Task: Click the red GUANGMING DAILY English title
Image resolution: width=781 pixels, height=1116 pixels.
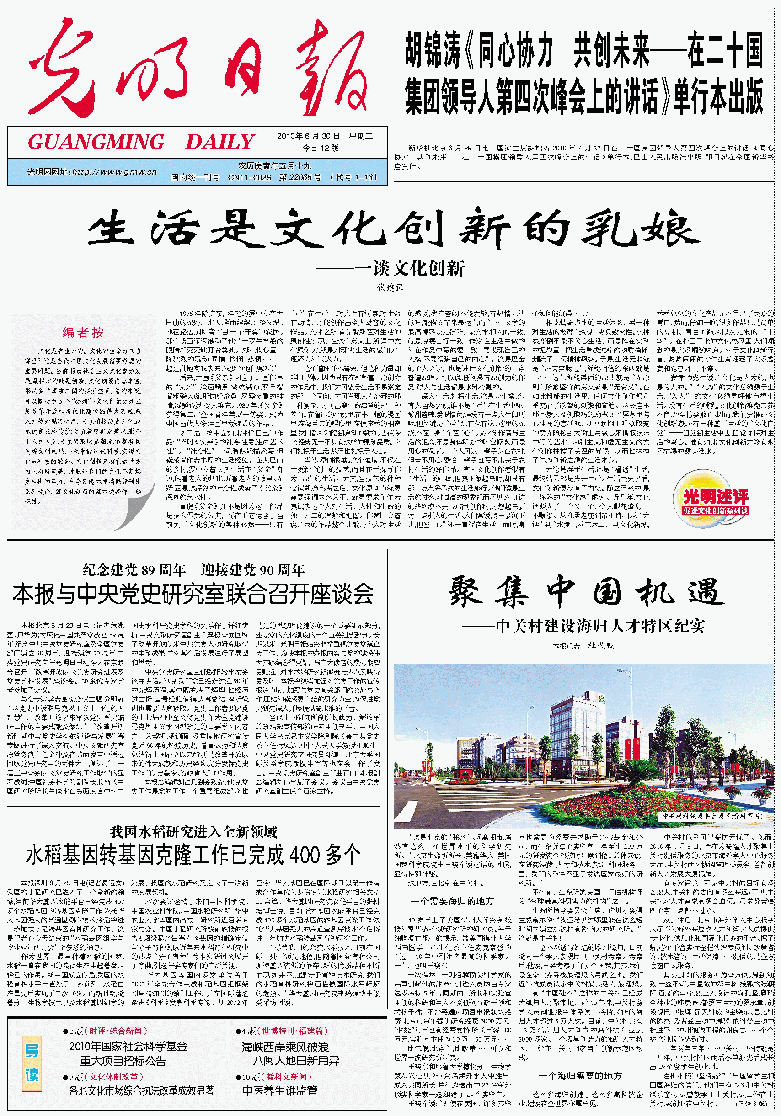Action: click(141, 142)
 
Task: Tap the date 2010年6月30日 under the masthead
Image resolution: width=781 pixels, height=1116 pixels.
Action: click(308, 136)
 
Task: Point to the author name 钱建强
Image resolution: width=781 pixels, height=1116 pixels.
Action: click(390, 287)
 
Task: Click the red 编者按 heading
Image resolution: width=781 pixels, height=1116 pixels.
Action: click(83, 332)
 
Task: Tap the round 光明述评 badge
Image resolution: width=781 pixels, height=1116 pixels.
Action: click(715, 500)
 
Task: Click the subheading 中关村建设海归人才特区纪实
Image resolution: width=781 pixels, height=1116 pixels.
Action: click(599, 626)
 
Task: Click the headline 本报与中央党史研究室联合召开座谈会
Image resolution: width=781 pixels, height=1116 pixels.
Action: click(193, 594)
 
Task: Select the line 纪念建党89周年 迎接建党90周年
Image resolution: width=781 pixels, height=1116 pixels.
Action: click(193, 570)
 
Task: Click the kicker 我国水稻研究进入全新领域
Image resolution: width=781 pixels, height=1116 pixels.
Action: click(193, 832)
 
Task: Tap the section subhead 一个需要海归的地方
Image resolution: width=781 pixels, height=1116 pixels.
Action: click(452, 901)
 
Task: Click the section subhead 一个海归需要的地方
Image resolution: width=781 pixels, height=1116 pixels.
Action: click(580, 1076)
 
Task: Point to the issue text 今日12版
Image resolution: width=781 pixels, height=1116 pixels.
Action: click(321, 148)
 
